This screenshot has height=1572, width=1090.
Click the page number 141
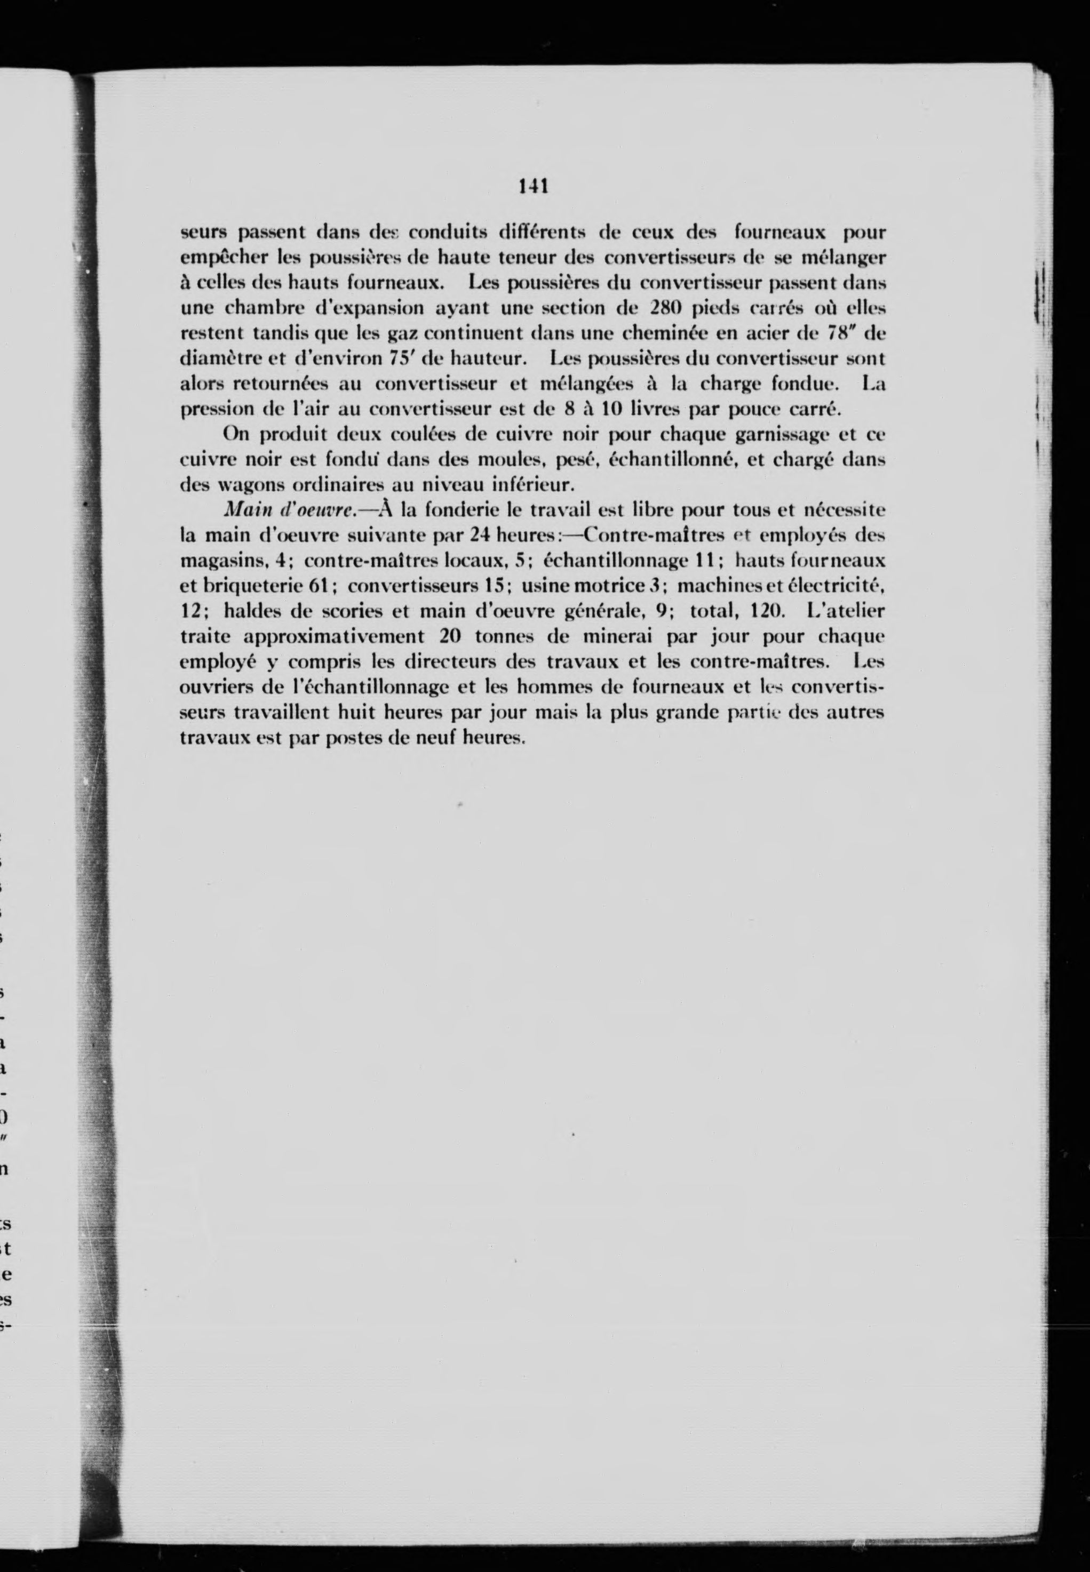[534, 186]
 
